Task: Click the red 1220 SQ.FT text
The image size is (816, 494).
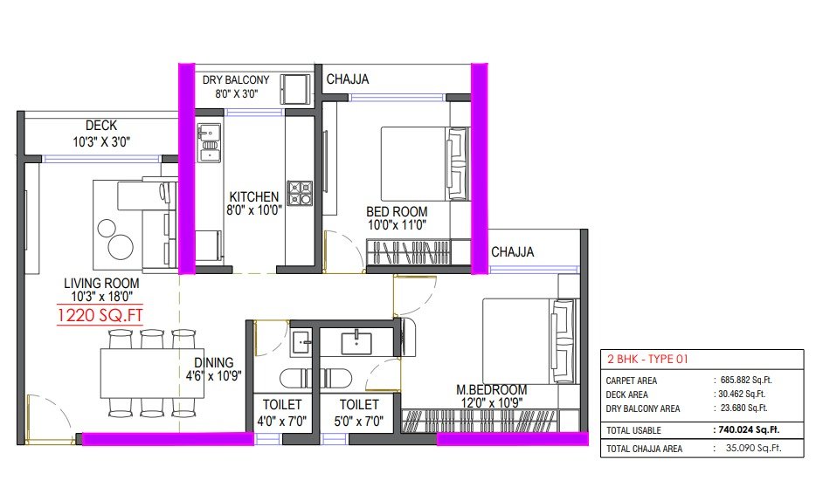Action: (100, 315)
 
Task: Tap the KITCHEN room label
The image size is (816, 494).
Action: (254, 197)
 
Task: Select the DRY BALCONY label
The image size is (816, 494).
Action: (236, 80)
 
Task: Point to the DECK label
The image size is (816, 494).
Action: (101, 126)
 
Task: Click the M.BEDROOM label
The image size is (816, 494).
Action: (491, 389)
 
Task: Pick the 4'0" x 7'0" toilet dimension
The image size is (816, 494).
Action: (281, 421)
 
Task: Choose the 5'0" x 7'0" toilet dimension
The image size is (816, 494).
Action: (358, 421)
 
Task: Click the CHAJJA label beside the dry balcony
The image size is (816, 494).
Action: (348, 79)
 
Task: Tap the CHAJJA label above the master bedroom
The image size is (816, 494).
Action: (513, 252)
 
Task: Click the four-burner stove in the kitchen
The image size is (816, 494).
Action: (300, 194)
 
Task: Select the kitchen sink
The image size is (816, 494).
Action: (209, 143)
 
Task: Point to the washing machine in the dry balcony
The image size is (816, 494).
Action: (295, 89)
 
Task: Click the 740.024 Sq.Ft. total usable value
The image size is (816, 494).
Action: (746, 430)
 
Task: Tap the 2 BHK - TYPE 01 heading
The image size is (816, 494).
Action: (647, 359)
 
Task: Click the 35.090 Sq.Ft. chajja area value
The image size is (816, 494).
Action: (753, 448)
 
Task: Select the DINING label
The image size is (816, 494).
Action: (214, 362)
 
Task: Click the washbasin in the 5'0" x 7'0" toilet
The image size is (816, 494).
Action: (356, 343)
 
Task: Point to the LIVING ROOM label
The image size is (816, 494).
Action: (101, 284)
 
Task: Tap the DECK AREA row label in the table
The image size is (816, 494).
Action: (626, 395)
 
